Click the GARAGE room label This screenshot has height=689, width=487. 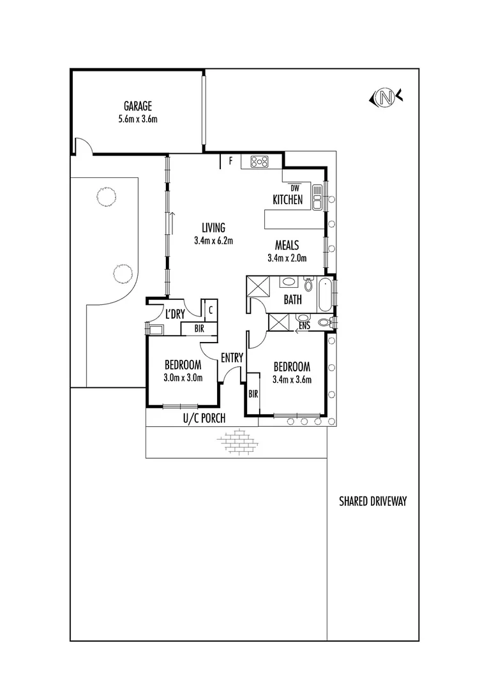coord(137,106)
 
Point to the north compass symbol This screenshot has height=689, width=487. coord(385,98)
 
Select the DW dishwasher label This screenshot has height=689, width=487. coord(295,188)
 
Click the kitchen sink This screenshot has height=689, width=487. coord(317,196)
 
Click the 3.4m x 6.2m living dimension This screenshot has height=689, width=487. coord(214,241)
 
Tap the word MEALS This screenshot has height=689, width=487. coord(287,245)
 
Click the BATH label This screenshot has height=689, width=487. coord(293,300)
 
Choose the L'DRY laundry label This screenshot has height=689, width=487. coord(176,314)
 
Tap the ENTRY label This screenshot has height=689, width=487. coord(232,358)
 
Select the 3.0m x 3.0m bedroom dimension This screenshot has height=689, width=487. coord(183,378)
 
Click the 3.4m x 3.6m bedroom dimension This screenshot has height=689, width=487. coord(292,380)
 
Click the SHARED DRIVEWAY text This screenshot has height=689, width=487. coord(373,501)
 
